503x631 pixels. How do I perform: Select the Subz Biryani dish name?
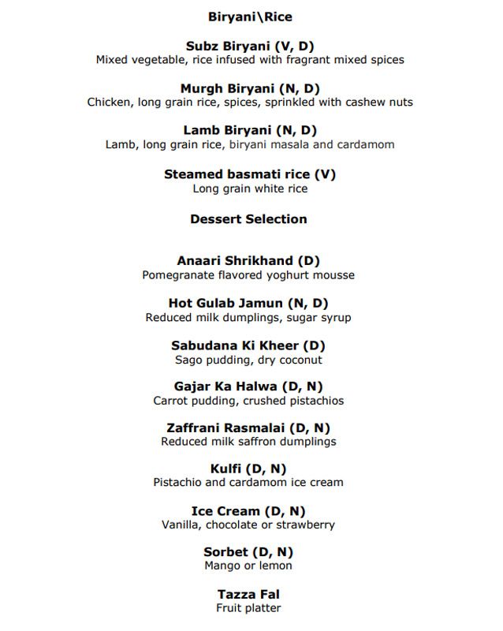[x=249, y=47]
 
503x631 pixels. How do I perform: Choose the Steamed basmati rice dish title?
[x=249, y=174]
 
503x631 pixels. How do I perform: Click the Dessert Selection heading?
[x=248, y=218]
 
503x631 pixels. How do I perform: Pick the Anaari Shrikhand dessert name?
[x=248, y=260]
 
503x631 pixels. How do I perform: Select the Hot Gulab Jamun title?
[x=248, y=303]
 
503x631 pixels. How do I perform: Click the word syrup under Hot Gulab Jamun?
[x=334, y=317]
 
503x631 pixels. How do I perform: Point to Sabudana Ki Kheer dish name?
[x=248, y=345]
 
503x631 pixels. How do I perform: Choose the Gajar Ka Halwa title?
[x=248, y=386]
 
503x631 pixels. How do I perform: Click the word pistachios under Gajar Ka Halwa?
[x=314, y=401]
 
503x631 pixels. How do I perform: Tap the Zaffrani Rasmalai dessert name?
[x=248, y=428]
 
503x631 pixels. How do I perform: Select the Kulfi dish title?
[x=248, y=469]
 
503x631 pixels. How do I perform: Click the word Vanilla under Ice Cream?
[x=183, y=525]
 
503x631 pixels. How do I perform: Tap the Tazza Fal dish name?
[x=248, y=594]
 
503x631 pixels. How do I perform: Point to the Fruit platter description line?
[x=248, y=608]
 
